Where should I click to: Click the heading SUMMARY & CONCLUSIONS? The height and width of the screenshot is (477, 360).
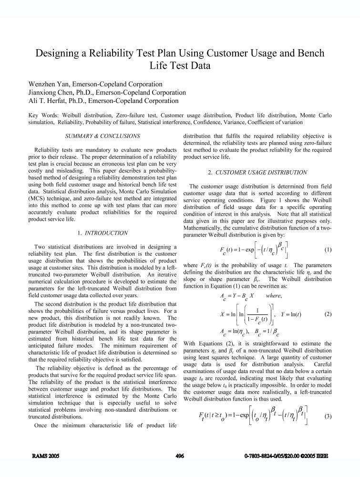(x=103, y=136)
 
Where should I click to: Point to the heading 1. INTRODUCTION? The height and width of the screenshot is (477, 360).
(x=103, y=233)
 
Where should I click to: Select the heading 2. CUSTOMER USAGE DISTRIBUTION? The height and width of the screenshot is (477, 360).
(x=257, y=172)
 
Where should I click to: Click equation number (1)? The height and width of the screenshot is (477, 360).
(x=328, y=249)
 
